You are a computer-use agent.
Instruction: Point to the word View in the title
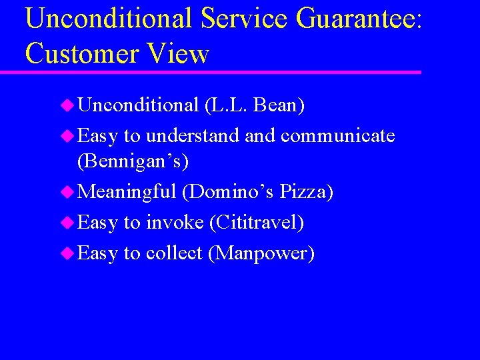coord(178,53)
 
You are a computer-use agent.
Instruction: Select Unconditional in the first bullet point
coord(139,105)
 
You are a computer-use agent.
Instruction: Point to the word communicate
coord(338,136)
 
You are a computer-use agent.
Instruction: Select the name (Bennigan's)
coord(133,161)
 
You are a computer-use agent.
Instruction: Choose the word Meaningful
coord(127,192)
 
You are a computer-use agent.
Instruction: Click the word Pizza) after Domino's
coord(307,192)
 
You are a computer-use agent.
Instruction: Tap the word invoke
coord(174,223)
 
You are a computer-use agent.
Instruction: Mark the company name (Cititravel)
coord(257,223)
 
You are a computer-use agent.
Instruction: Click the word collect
coord(174,253)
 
